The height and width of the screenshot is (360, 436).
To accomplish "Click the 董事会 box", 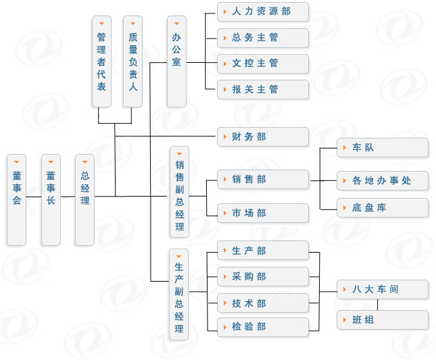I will (x=16, y=200).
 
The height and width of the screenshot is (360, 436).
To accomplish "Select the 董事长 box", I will (x=51, y=200).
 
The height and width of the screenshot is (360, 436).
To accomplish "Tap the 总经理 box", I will (x=84, y=200).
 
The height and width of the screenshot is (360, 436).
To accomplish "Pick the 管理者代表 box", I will (x=101, y=61).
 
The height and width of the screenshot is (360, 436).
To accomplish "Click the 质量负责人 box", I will (x=132, y=61).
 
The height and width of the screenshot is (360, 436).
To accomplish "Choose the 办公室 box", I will (x=176, y=61).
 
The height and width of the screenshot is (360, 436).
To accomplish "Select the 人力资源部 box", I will (x=262, y=12).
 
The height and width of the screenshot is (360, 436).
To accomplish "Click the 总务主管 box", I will (x=262, y=38).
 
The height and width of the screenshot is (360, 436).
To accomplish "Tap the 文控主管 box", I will (x=262, y=63).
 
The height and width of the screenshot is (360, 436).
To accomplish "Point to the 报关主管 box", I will (x=262, y=89).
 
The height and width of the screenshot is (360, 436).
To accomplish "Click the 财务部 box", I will (x=262, y=137).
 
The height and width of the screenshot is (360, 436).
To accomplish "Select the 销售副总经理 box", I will (x=179, y=192).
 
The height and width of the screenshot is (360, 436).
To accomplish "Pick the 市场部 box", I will (x=262, y=213).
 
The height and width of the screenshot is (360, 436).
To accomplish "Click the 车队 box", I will (x=383, y=148).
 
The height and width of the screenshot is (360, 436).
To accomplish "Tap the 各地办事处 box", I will (x=383, y=181).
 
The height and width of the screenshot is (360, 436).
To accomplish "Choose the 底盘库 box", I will (x=383, y=208).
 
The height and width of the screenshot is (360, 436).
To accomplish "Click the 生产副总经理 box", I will (x=179, y=294).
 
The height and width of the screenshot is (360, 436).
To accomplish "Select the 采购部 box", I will (x=262, y=277).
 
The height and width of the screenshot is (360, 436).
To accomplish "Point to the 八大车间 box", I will (x=383, y=290).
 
